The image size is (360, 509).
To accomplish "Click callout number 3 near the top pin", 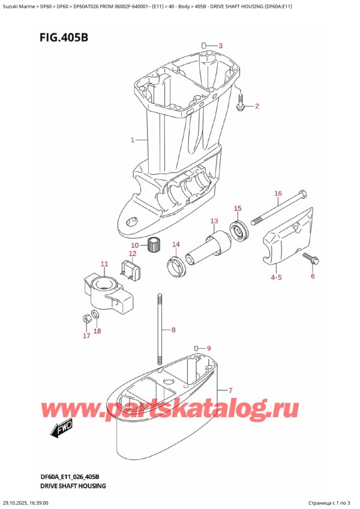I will coord(220,46).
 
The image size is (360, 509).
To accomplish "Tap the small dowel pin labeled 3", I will coord(204,46).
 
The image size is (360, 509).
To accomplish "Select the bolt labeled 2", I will coord(241,104).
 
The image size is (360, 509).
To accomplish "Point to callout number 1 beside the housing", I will coord(133,140).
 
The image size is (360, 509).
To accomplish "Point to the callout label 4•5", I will coord(275,277).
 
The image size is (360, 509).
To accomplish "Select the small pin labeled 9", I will coord(196,348).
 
